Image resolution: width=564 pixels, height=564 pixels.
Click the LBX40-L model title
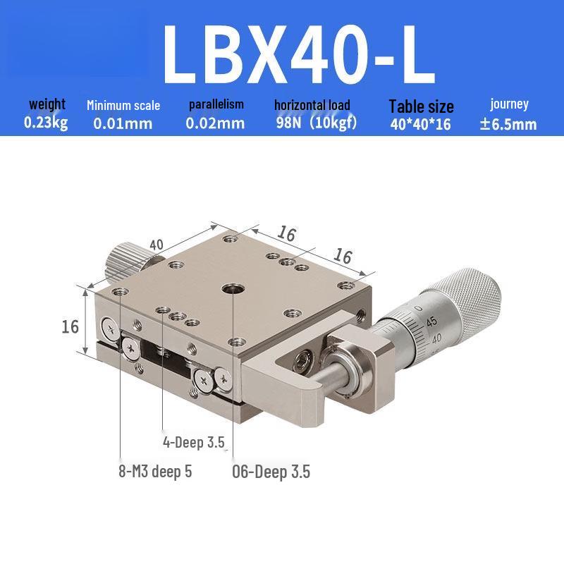[299, 54]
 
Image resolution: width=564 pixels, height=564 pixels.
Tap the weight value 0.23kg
[46, 123]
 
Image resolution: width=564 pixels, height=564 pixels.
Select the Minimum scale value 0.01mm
[123, 123]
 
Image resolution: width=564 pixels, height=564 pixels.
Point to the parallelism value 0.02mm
[215, 123]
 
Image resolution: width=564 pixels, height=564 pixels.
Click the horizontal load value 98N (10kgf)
[317, 123]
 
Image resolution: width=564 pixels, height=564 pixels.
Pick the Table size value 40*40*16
[420, 124]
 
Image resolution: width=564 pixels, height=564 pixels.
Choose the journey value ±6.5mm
[508, 124]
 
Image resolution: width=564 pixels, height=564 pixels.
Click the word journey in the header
[509, 104]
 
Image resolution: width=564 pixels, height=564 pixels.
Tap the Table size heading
[421, 106]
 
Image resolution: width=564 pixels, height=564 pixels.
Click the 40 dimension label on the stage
[157, 245]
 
